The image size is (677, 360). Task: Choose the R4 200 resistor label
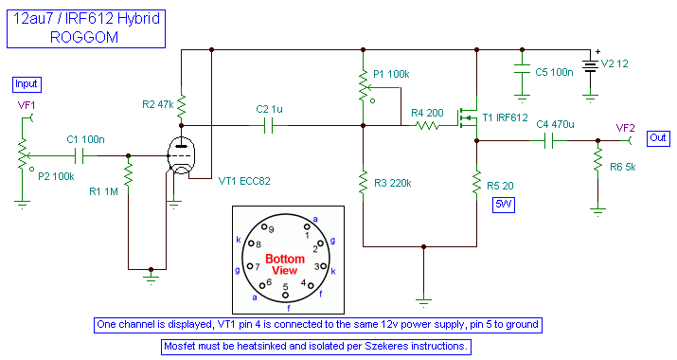428,113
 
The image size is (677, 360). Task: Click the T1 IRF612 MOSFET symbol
469,117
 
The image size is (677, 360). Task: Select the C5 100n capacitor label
554,71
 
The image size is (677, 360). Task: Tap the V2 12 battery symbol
591,64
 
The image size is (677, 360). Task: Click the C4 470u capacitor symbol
547,141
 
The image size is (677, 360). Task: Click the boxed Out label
659,136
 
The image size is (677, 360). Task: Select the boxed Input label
27,83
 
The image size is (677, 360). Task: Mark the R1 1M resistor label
103,192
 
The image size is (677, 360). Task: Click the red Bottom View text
284,264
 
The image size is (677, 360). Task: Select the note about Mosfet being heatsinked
317,347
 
